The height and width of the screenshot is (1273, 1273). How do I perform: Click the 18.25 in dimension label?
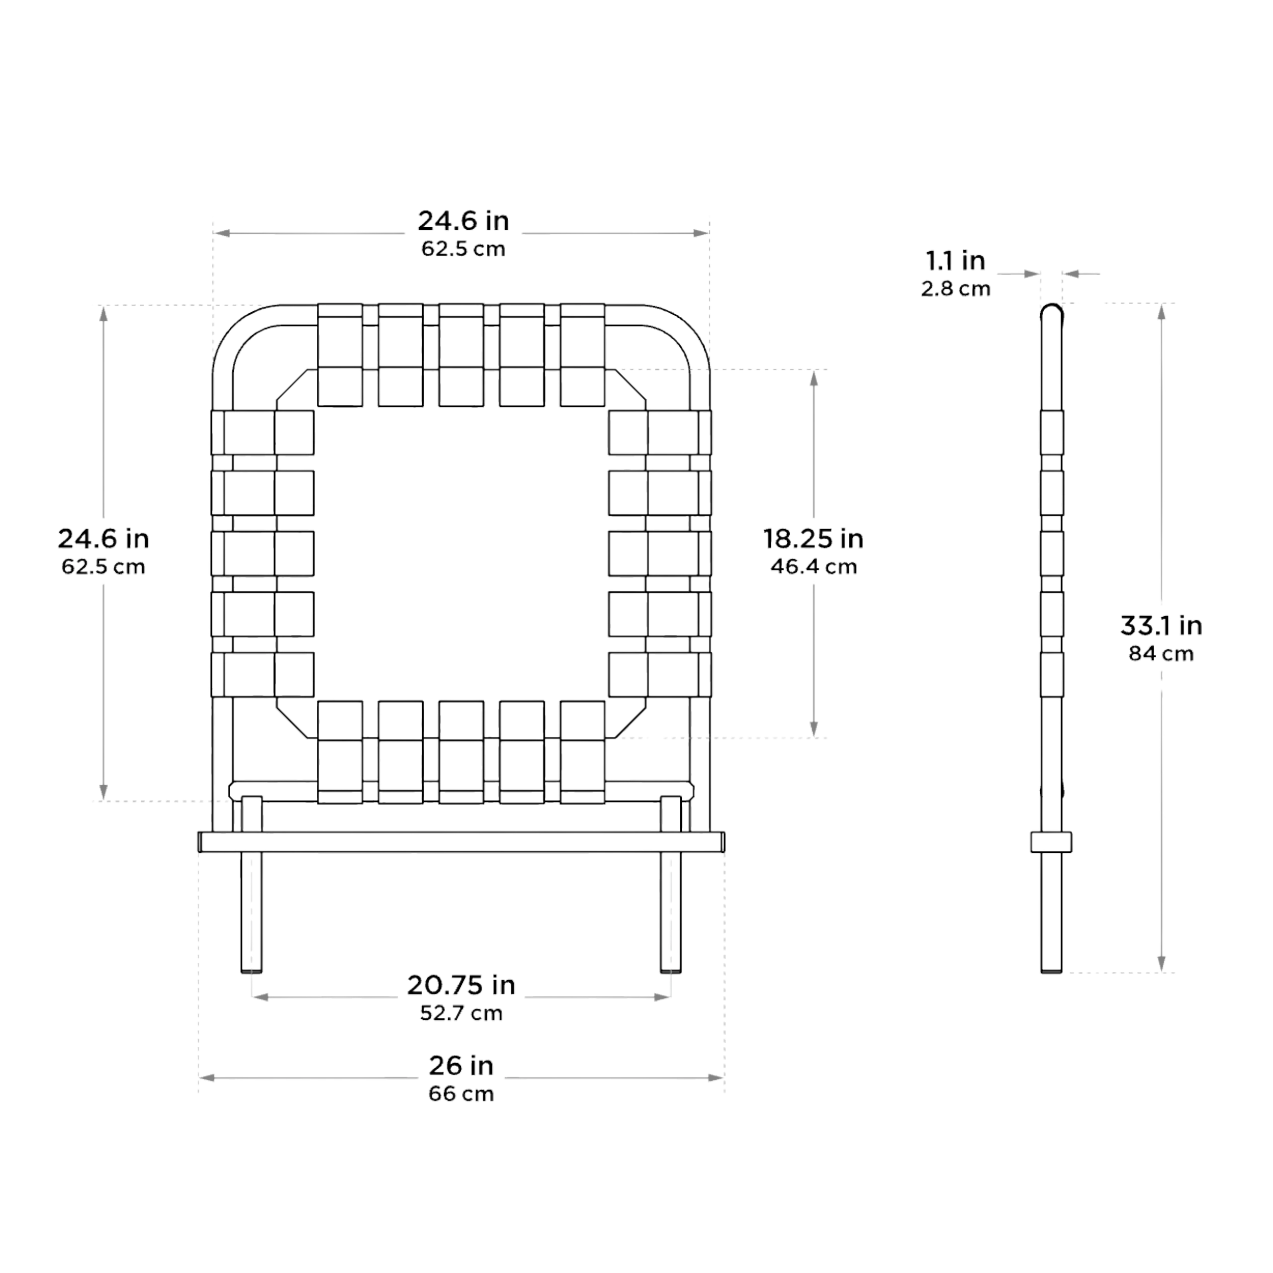[x=813, y=539]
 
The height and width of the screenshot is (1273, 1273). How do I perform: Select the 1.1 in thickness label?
[x=955, y=261]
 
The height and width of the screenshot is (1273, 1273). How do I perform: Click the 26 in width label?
[x=461, y=1066]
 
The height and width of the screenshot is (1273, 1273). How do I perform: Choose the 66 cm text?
[x=461, y=1094]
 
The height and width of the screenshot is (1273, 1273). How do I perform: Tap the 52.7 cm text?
[x=461, y=1013]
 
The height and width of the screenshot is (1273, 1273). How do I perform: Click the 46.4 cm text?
[x=814, y=567]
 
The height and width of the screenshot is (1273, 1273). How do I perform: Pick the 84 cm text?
[x=1161, y=653]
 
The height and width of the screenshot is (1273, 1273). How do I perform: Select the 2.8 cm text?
[x=955, y=288]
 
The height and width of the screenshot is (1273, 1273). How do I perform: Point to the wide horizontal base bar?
[x=461, y=842]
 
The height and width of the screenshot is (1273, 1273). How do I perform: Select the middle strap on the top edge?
[x=461, y=355]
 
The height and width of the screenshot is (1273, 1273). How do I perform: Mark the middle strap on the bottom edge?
[x=461, y=752]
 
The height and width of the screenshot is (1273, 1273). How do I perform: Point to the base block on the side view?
[x=1052, y=842]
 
